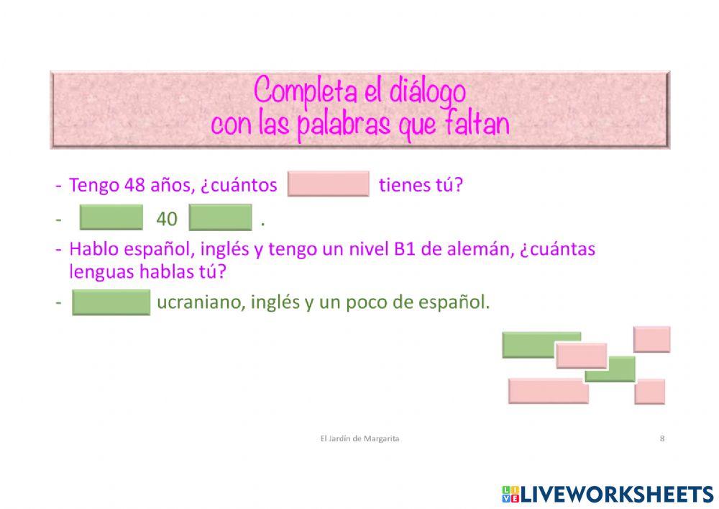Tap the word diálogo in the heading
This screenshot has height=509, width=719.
[x=428, y=91]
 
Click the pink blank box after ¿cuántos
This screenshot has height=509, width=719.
[x=328, y=184]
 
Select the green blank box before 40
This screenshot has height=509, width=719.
[x=111, y=217]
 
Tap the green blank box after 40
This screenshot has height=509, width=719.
[x=220, y=217]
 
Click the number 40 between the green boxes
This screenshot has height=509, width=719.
[x=167, y=218]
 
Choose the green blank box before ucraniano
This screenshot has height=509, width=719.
[x=111, y=302]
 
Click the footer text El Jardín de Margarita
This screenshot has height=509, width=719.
[x=359, y=438]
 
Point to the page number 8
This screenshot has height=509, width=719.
[x=661, y=438]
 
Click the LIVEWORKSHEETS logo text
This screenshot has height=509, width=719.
[x=617, y=494]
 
